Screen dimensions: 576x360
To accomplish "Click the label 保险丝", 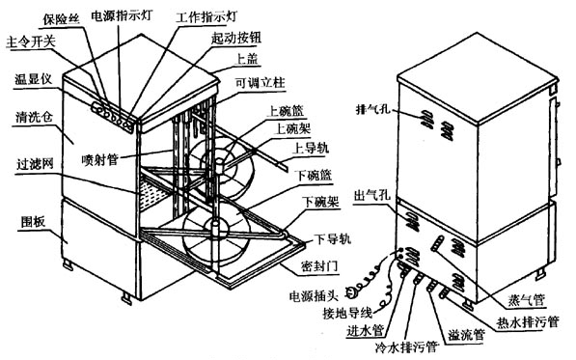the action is point(61,18).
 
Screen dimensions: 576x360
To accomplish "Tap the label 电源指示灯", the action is point(121,15).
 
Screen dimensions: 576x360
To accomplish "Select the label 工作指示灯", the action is point(206,17).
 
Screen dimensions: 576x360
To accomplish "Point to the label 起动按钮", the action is point(236,38).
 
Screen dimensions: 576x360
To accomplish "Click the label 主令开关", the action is point(31,42).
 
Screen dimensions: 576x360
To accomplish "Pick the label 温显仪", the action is point(33,79).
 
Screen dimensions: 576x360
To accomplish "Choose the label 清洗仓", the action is point(34,117).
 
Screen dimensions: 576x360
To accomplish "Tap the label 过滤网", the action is point(36,164).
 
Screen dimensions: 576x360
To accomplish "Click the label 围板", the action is point(33,222).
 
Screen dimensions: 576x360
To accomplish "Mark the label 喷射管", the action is point(100,159).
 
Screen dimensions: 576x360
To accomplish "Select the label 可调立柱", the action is point(261,83).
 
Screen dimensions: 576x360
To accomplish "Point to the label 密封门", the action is point(319,266).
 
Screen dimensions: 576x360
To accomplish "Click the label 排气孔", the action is point(373,109).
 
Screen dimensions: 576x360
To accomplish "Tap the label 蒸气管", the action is point(526,300).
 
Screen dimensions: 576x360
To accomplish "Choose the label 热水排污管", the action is point(528,322).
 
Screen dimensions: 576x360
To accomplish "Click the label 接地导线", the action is point(347,313).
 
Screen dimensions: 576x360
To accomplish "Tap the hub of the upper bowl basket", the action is point(219,165).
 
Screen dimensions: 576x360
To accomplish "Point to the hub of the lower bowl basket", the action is point(215,225).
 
